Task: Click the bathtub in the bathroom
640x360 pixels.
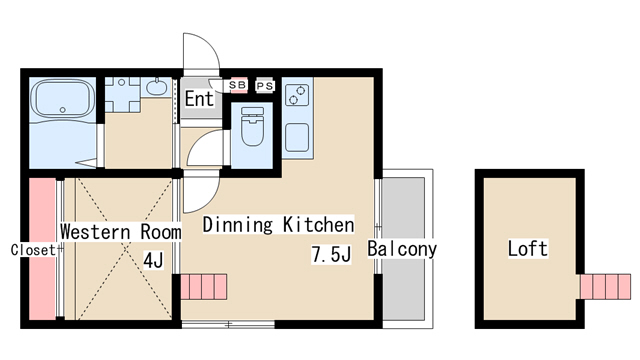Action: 63,99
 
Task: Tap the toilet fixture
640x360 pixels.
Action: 252,126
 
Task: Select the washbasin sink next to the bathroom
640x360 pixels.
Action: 156,87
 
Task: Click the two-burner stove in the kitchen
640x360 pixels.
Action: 297,95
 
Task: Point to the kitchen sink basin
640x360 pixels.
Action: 297,138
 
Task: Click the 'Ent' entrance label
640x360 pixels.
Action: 199,98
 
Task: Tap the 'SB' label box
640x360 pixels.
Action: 238,85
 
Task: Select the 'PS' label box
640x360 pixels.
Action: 264,86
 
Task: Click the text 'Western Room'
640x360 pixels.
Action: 121,232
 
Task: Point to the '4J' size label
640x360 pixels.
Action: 153,260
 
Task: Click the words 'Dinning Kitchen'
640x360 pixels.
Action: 278,225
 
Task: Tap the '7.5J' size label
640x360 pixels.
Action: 331,254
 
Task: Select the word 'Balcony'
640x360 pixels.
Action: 402,249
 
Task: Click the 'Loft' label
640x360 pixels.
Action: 527,248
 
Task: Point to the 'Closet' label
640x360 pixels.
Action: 33,250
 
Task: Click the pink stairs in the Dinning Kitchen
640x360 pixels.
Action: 204,287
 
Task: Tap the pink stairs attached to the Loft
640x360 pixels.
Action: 605,287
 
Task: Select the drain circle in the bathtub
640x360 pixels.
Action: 62,110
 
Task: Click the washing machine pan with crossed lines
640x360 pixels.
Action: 122,95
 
